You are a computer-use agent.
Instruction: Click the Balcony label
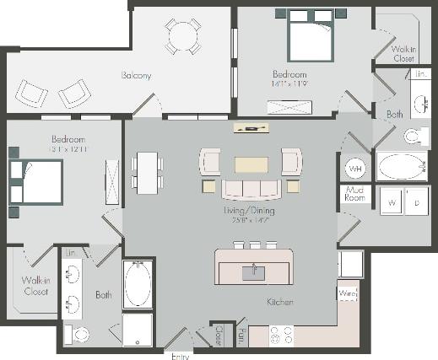(x=135, y=76)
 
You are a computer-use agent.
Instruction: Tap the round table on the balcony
(x=182, y=35)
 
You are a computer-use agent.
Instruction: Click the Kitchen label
(x=279, y=301)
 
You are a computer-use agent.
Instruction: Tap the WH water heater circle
(x=355, y=169)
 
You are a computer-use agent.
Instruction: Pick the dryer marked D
(x=416, y=201)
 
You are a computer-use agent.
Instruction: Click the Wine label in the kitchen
(x=348, y=293)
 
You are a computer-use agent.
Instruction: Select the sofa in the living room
(x=250, y=188)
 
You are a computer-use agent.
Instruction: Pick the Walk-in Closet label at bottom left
(x=30, y=286)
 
